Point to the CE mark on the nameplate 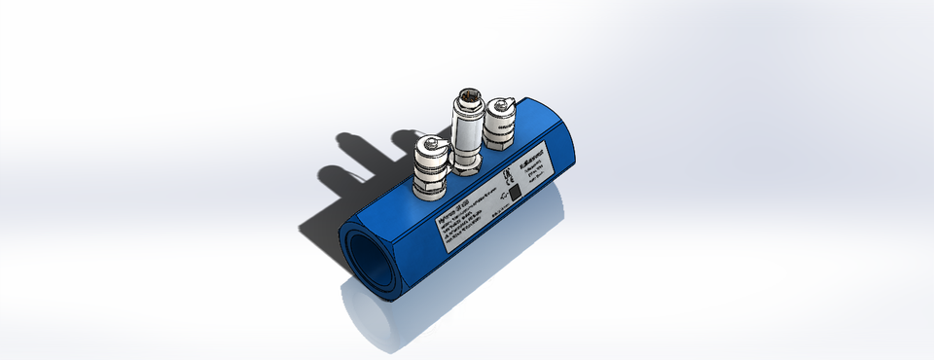508,178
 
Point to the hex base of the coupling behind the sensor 499,140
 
